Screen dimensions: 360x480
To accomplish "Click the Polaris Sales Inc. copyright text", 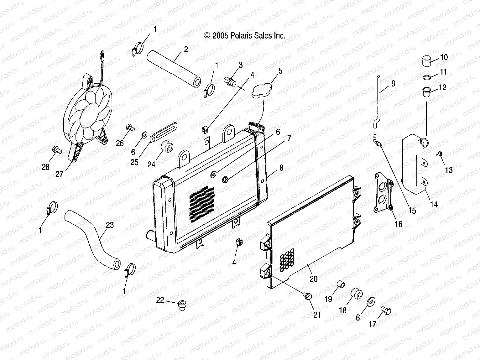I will click(245, 36).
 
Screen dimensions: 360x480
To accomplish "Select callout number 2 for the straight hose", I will click(186, 49).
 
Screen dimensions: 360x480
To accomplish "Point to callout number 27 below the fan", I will click(60, 174).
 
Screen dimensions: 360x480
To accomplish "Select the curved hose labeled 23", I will click(91, 238).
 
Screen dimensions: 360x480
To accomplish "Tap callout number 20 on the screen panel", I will click(313, 279).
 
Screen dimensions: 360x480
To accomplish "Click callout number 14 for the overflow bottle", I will click(434, 204).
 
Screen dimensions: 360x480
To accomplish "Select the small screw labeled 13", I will click(439, 154).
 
